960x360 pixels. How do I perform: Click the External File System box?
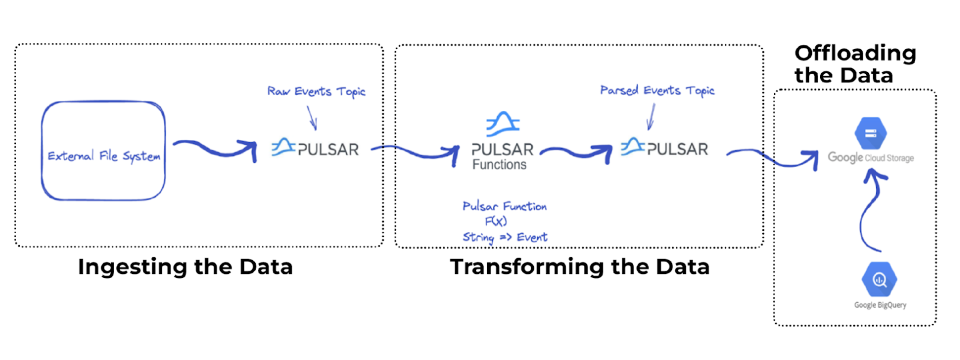click(x=103, y=151)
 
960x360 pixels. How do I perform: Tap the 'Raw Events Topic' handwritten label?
click(x=316, y=91)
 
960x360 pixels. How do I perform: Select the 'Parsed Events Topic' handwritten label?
click(x=657, y=90)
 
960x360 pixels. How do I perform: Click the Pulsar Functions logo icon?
click(x=502, y=124)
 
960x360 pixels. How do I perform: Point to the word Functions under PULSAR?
click(x=499, y=165)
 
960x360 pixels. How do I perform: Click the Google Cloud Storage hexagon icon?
click(x=870, y=133)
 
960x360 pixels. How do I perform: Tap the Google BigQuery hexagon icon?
click(x=879, y=279)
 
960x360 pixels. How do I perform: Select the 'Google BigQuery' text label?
click(x=880, y=305)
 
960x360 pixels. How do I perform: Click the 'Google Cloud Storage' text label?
click(x=870, y=158)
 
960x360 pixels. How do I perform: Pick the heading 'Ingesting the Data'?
click(x=185, y=267)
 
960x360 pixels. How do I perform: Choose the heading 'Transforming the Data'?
click(x=579, y=267)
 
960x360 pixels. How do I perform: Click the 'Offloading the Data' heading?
click(x=854, y=64)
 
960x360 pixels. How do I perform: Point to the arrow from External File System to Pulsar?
click(x=215, y=149)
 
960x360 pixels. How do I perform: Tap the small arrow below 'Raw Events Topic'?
click(x=312, y=117)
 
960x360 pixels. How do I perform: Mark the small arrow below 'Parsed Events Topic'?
click(x=651, y=117)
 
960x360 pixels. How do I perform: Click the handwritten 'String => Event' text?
click(x=505, y=237)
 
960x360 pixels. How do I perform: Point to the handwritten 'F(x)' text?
click(x=496, y=221)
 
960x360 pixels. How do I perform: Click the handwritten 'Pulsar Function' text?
click(x=504, y=206)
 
